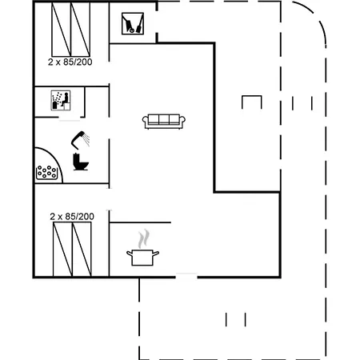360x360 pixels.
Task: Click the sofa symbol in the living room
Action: click(x=164, y=122)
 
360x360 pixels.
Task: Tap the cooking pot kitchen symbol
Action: click(x=142, y=258)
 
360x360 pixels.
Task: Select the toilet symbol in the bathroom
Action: click(x=81, y=162)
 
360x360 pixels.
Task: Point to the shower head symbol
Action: click(x=80, y=139)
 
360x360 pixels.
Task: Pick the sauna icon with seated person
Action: click(x=61, y=100)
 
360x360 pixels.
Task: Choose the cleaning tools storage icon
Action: click(x=133, y=23)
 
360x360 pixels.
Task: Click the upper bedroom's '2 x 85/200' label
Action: click(x=70, y=62)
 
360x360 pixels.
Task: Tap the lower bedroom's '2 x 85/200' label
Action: click(x=72, y=216)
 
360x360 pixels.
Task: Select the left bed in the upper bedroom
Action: click(x=61, y=30)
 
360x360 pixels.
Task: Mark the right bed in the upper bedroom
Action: click(x=80, y=30)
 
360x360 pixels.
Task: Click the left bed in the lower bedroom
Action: click(x=62, y=250)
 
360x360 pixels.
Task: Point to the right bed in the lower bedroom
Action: click(x=82, y=250)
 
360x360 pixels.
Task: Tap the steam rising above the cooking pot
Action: click(x=143, y=238)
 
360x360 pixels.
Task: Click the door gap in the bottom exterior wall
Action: click(x=186, y=277)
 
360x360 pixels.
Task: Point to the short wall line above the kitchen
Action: click(x=140, y=222)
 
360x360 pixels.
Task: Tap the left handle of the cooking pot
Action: click(x=130, y=253)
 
